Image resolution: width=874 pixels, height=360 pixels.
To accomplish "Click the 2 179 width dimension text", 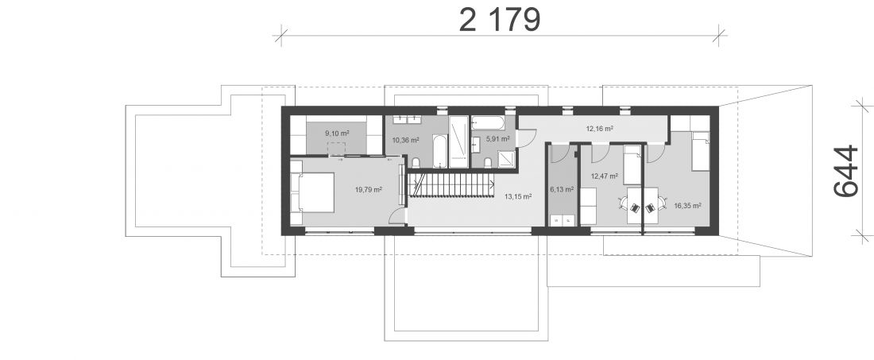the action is [500, 21].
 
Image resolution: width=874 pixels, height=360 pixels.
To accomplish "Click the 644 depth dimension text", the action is [845, 171].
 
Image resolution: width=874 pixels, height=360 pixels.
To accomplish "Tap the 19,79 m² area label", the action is [369, 189].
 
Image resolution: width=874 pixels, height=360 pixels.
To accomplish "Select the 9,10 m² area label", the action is [337, 134].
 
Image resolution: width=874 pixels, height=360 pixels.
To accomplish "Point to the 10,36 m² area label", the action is [405, 140].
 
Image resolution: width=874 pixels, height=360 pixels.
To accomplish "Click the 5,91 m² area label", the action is [497, 138].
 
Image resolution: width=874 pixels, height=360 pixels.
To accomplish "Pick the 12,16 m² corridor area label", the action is [600, 128].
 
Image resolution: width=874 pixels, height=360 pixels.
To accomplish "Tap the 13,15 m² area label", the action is [518, 196].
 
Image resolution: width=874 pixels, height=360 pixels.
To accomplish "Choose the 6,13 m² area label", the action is [562, 189].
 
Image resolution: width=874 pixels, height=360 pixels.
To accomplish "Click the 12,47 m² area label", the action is [604, 176].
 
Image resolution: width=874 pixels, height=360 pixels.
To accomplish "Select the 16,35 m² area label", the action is [687, 205].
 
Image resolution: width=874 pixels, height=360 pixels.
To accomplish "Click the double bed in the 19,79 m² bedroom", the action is [312, 192].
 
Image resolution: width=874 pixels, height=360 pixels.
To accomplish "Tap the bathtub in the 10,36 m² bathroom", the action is [440, 150].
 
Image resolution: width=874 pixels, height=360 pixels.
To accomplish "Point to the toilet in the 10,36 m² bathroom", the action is [416, 162].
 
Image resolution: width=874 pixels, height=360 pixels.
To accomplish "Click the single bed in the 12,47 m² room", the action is [632, 165].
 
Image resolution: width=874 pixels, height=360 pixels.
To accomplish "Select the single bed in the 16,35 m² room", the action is [701, 151].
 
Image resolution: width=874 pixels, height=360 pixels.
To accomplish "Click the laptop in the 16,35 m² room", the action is [650, 208].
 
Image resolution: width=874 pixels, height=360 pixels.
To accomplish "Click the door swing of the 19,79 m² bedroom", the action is [397, 215].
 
